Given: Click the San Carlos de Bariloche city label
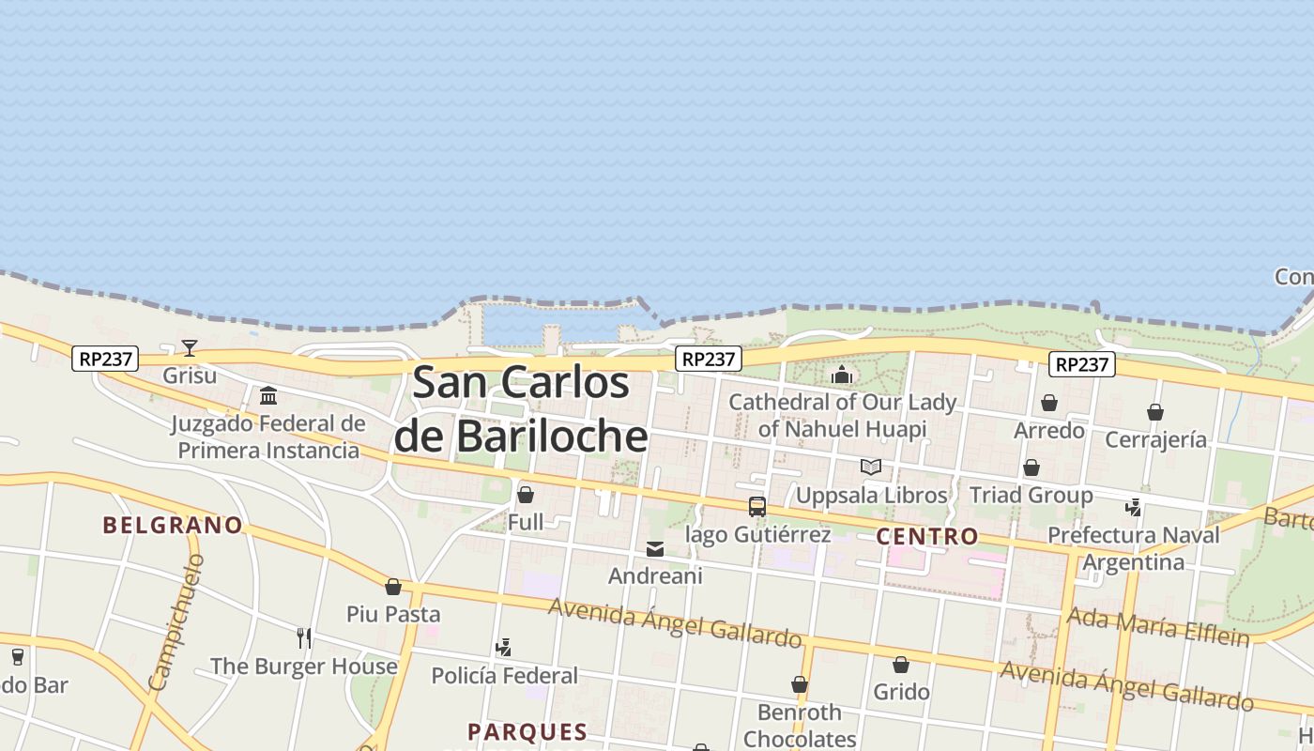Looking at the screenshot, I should tap(521, 409).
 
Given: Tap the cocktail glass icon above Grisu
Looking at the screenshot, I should tap(190, 348).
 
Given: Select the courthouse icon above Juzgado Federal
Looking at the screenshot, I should tap(268, 395).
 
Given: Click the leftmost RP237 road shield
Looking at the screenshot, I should tap(105, 359).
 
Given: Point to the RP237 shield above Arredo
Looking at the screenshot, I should tap(1082, 364).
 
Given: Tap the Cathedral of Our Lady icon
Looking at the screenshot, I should tap(841, 375).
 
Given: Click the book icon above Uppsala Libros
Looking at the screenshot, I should tap(871, 467).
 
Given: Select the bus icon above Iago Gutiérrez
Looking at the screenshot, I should tap(757, 507).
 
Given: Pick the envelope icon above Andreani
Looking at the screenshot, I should tap(655, 549).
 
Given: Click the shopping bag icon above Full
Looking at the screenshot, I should tap(526, 495).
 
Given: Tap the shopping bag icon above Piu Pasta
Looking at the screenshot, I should tap(393, 588).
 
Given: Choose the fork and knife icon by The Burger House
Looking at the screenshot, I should tap(304, 638).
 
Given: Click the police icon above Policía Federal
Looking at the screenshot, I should tap(504, 648).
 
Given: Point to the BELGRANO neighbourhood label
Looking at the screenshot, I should tap(173, 525).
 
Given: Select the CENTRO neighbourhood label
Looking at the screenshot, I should tap(927, 537).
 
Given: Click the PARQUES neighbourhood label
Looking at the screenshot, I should tap(527, 732).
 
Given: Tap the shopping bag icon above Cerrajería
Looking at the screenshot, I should tap(1155, 412).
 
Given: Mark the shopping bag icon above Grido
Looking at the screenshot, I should tap(901, 665).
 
